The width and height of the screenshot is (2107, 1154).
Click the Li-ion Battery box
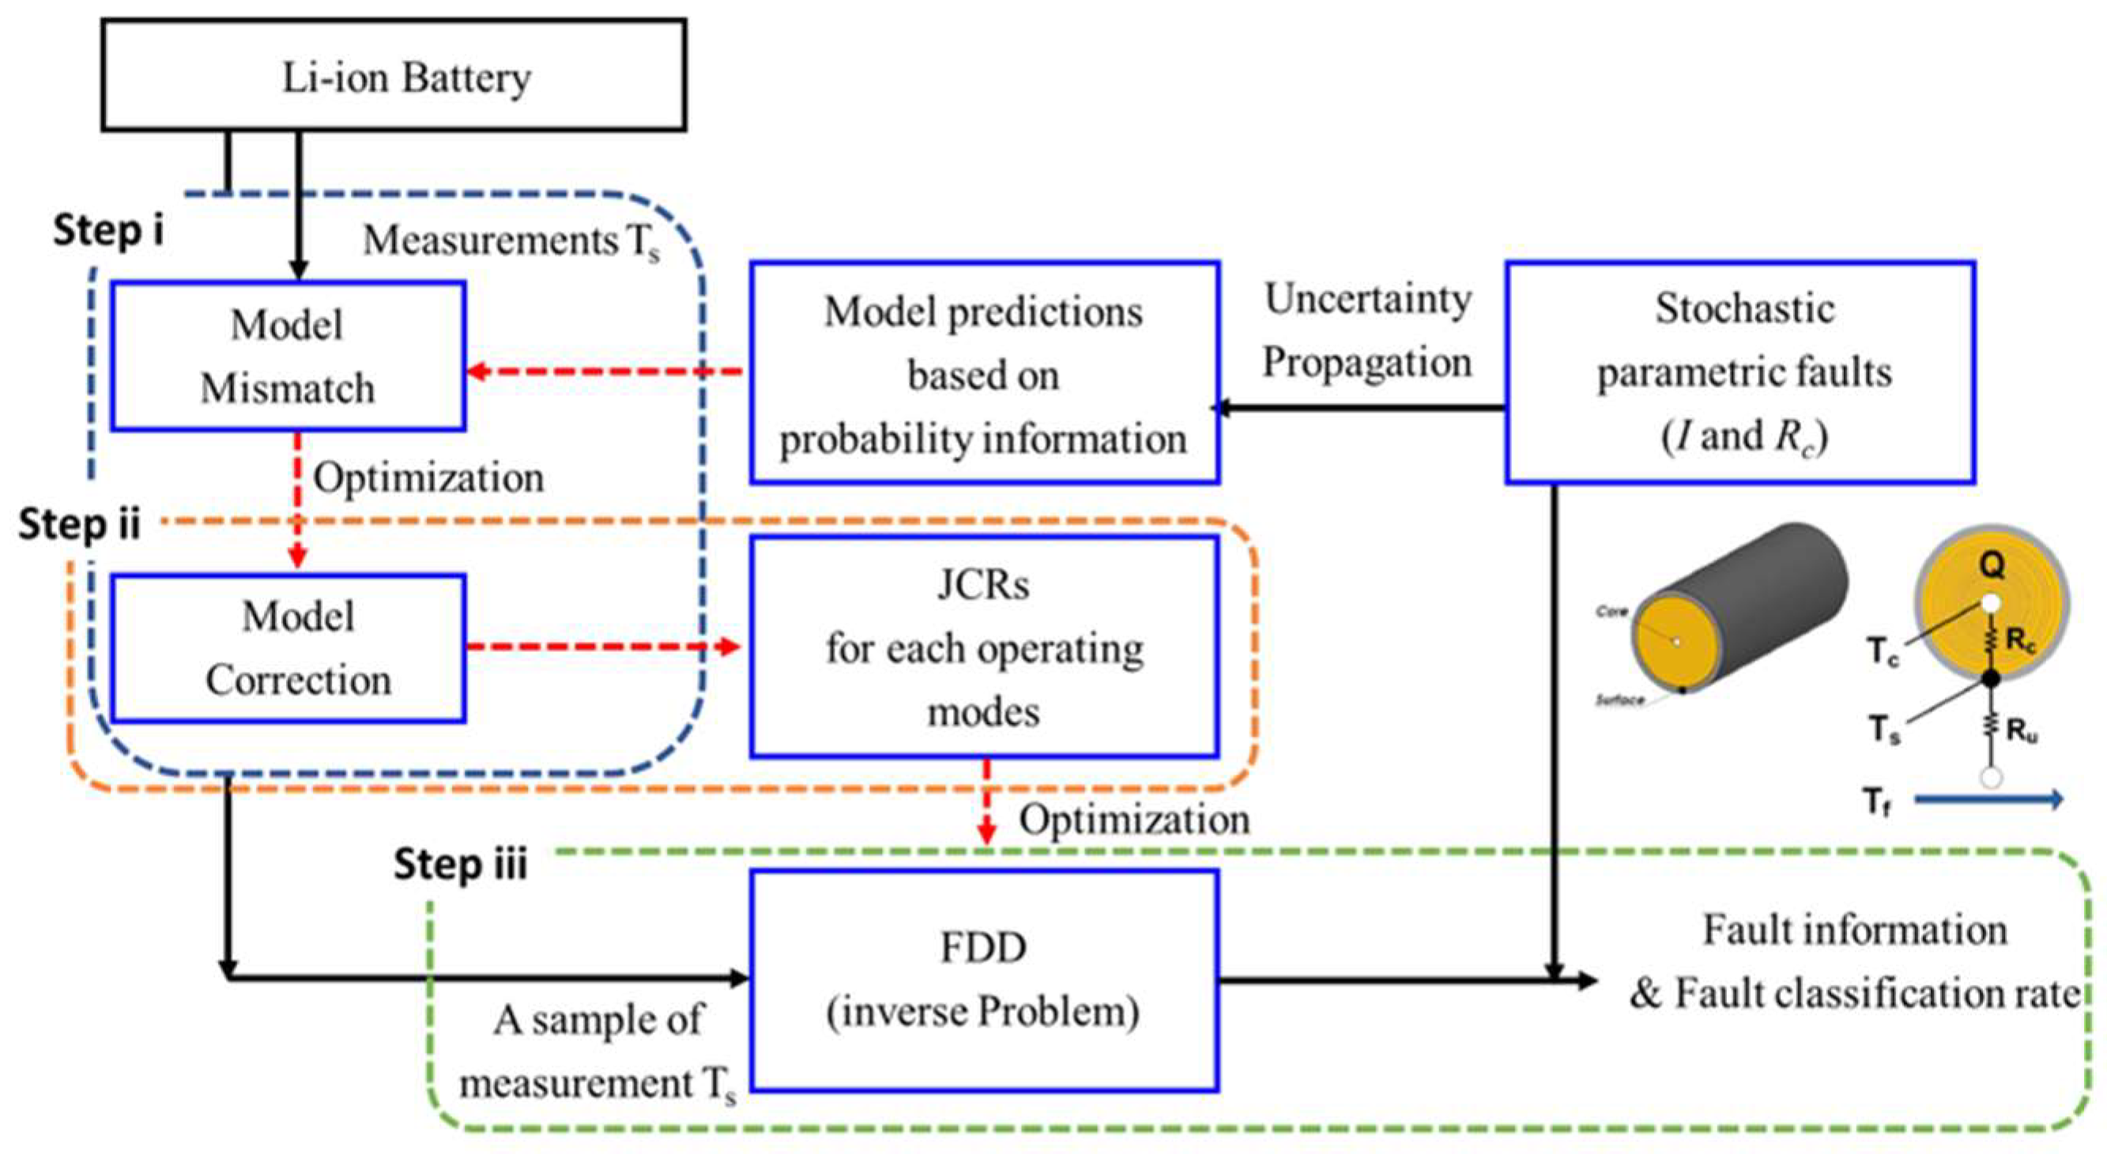click(394, 75)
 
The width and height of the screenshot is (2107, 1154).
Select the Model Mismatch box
click(288, 356)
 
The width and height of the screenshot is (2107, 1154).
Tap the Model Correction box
click(288, 648)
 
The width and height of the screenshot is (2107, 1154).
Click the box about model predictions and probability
click(984, 373)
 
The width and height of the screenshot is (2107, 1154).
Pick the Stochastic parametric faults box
click(1740, 372)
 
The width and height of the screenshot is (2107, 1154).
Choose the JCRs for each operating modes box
click(984, 646)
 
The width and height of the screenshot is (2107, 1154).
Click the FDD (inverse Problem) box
click(984, 979)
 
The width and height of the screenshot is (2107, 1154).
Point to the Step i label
click(108, 231)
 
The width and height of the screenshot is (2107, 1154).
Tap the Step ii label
click(79, 523)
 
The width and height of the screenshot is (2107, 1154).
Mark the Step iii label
click(461, 864)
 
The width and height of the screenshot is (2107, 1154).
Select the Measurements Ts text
click(511, 241)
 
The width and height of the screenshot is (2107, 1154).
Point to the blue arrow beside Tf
click(1988, 800)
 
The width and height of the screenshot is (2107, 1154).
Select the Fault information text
click(1854, 930)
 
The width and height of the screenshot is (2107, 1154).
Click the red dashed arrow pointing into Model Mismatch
click(605, 372)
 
